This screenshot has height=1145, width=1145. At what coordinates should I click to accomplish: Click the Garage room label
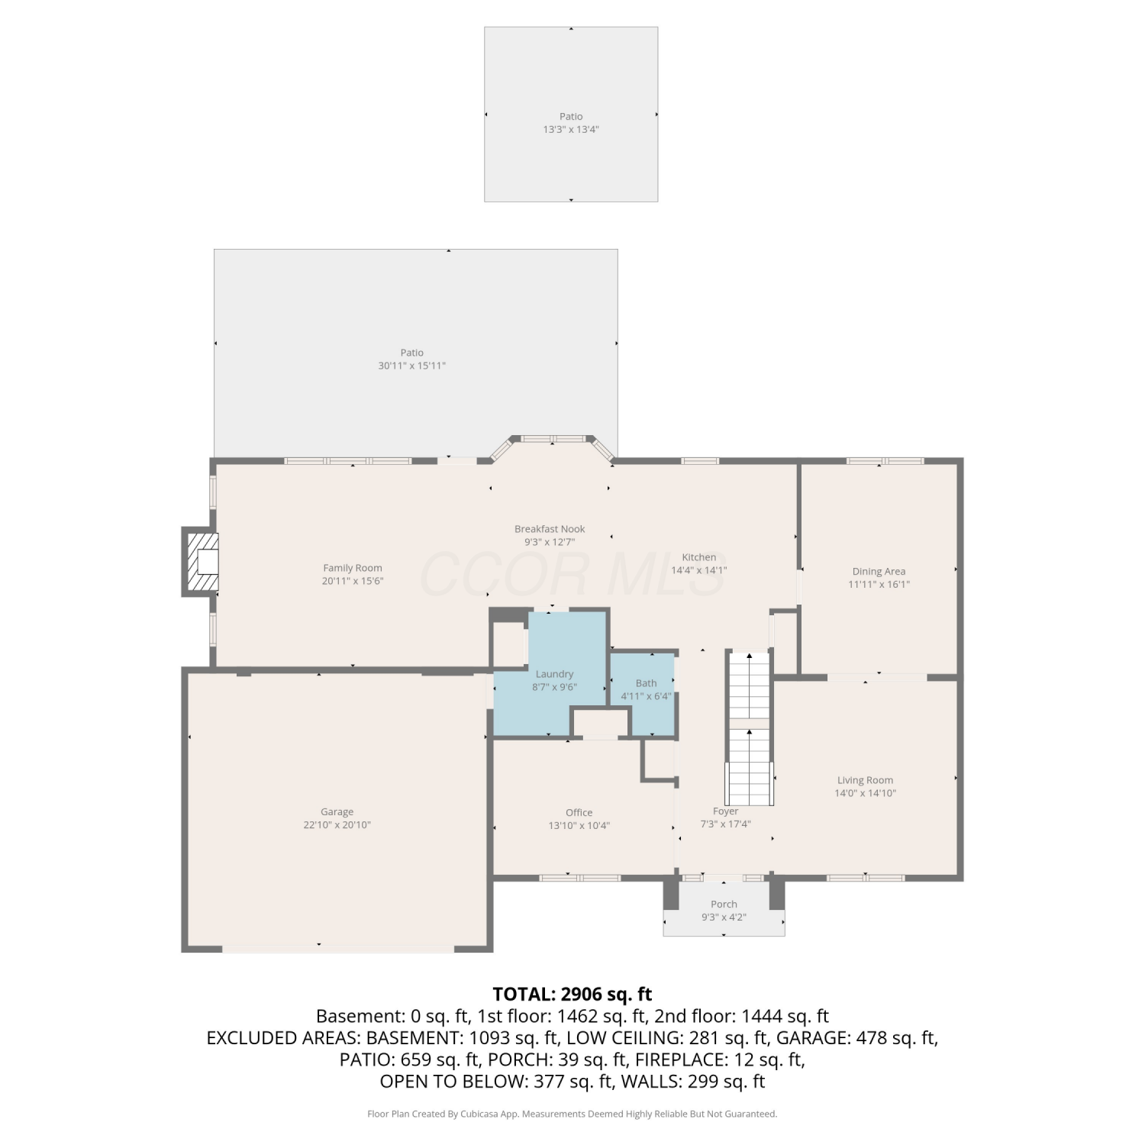click(337, 812)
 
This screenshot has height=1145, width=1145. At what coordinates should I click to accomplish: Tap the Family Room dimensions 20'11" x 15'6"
click(353, 581)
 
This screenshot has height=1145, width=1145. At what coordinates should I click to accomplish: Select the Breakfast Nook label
click(550, 529)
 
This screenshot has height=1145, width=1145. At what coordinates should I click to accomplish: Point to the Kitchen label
click(699, 557)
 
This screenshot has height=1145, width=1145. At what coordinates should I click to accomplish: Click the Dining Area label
click(879, 571)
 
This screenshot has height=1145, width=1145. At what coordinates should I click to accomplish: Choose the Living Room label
click(865, 780)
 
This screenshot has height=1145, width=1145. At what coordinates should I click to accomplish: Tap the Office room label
click(579, 812)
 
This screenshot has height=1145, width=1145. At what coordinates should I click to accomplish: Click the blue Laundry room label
click(554, 674)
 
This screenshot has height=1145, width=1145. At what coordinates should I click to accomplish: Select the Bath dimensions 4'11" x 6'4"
click(646, 696)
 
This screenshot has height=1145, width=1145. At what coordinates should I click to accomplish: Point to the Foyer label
click(726, 811)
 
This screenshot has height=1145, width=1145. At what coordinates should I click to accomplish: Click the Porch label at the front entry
click(724, 905)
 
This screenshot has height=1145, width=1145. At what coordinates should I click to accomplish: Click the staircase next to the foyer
click(749, 728)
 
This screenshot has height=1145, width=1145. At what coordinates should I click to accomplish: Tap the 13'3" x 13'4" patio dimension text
click(571, 130)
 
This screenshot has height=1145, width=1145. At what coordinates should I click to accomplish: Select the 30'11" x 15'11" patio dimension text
click(412, 366)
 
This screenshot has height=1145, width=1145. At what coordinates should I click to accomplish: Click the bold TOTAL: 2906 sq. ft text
click(572, 994)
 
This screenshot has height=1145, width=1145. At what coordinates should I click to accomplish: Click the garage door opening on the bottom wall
click(338, 949)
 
